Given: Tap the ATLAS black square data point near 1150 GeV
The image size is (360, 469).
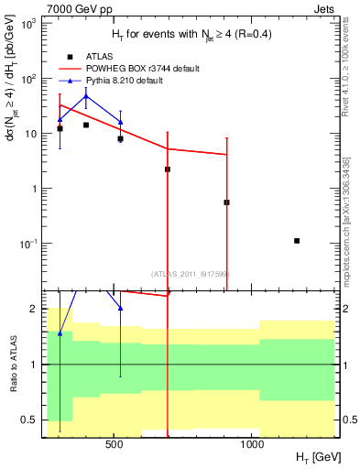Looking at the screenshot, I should click(297, 241).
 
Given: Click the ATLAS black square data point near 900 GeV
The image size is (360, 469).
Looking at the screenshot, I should click(226, 202).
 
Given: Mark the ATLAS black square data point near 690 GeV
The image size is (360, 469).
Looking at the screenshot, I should click(168, 169).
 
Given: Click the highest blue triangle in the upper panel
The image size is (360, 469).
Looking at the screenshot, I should click(86, 96).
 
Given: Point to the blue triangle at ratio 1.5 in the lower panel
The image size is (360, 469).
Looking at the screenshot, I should click(60, 333).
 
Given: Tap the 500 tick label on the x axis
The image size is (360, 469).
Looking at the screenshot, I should click(115, 442).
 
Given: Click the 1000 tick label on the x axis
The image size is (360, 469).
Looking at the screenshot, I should click(253, 442).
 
